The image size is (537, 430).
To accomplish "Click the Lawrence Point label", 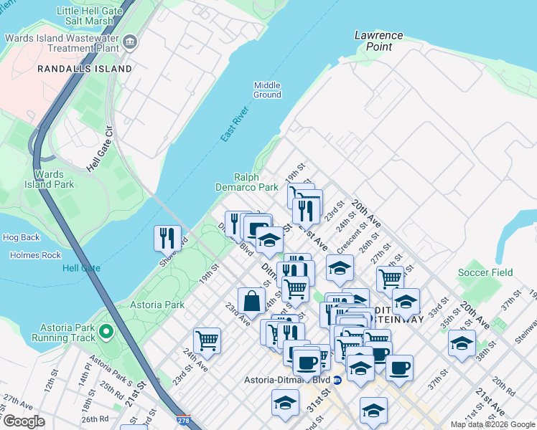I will tap(378, 41).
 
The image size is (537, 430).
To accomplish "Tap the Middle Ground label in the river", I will tap(267, 90).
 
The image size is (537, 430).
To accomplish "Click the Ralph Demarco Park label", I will tap(246, 182).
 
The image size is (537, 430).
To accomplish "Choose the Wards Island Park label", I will tap(54, 179).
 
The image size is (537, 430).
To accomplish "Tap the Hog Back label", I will tap(22, 237).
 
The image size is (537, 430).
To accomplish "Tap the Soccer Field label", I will tap(486, 272).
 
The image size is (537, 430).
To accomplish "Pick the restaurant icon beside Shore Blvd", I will tap(167, 237).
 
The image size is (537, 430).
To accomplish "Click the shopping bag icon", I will tap(251, 301).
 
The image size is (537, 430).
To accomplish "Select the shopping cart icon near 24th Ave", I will tap(207, 340).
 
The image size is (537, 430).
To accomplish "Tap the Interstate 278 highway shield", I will tap(184, 421).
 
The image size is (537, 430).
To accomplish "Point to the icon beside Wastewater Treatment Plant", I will tap(130, 42).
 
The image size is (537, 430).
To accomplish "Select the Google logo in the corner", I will tap(24, 421).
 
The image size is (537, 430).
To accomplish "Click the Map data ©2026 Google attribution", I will tap(492, 424).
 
